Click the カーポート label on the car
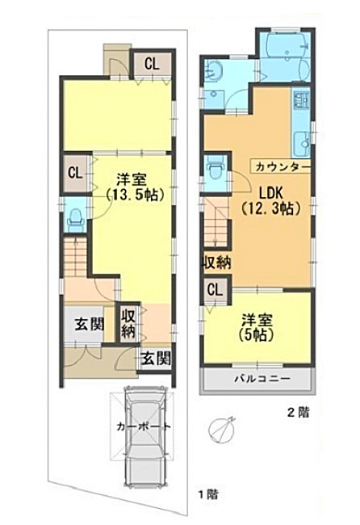(x=144, y=427)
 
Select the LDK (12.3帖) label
(x=270, y=200)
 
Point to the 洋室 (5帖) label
(x=257, y=327)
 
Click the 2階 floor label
(x=297, y=412)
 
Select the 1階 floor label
(x=208, y=494)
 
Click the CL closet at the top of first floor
(x=152, y=63)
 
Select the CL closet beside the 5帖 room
(x=215, y=290)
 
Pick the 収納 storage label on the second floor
(x=217, y=262)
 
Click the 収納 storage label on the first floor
(x=128, y=324)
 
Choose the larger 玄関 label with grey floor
(x=90, y=324)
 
